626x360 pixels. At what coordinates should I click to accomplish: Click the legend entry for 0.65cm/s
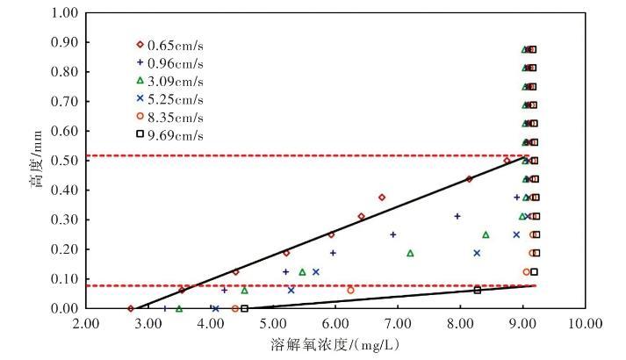click(x=170, y=44)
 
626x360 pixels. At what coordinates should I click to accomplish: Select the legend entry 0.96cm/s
click(x=170, y=62)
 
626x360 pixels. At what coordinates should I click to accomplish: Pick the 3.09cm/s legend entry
click(x=170, y=81)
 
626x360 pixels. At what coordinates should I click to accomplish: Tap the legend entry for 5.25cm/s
click(x=170, y=98)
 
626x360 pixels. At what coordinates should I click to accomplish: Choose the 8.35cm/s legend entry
click(x=170, y=117)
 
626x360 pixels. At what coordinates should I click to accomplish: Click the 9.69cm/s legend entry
click(x=170, y=135)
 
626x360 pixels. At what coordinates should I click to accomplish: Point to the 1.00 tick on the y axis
click(x=64, y=13)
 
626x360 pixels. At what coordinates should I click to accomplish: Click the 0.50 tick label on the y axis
click(x=64, y=161)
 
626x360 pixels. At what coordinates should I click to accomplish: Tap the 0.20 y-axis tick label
click(x=64, y=249)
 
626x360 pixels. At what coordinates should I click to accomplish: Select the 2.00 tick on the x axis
click(x=86, y=325)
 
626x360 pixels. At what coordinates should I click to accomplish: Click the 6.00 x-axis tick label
click(x=335, y=325)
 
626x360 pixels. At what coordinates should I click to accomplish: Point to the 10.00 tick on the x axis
click(x=584, y=325)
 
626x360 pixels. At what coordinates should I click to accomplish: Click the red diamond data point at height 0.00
click(x=131, y=308)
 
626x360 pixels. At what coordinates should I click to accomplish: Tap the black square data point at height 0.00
click(x=244, y=308)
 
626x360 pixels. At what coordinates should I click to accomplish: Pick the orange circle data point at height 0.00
click(x=234, y=308)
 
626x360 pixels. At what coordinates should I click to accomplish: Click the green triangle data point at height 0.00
click(x=179, y=308)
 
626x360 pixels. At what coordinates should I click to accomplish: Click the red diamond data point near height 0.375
click(x=382, y=198)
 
